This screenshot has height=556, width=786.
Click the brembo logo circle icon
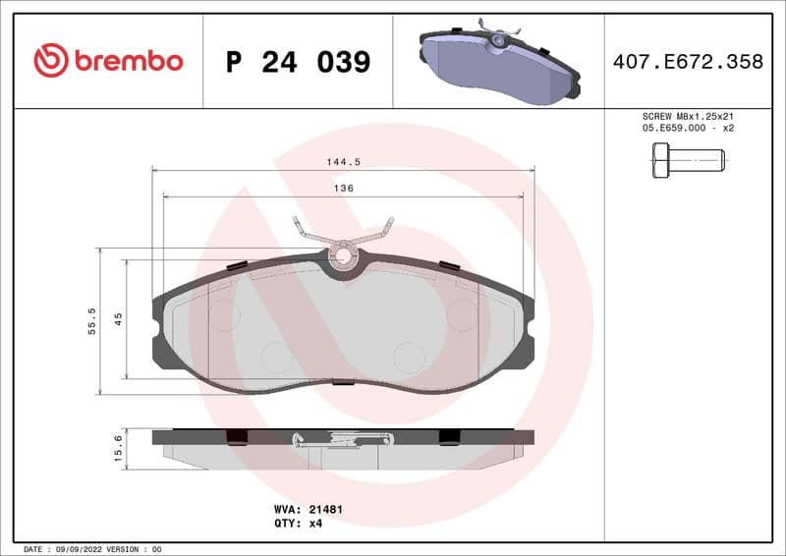click(x=51, y=61)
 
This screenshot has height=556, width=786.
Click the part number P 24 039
click(x=298, y=62)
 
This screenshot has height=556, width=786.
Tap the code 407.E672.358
click(x=687, y=62)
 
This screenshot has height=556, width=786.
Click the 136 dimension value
click(x=342, y=188)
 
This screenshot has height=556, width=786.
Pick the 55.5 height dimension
click(x=92, y=320)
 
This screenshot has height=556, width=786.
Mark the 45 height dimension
click(x=118, y=318)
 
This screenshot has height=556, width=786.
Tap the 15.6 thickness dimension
click(x=118, y=448)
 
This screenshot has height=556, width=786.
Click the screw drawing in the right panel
click(x=688, y=159)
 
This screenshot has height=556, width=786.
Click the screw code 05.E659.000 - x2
click(x=688, y=129)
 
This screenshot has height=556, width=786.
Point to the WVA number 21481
click(x=326, y=510)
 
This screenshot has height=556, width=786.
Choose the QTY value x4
click(x=315, y=524)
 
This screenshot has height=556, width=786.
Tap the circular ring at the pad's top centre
click(x=343, y=257)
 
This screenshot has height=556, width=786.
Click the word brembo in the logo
click(x=129, y=61)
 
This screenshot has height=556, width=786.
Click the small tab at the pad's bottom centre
click(x=343, y=381)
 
